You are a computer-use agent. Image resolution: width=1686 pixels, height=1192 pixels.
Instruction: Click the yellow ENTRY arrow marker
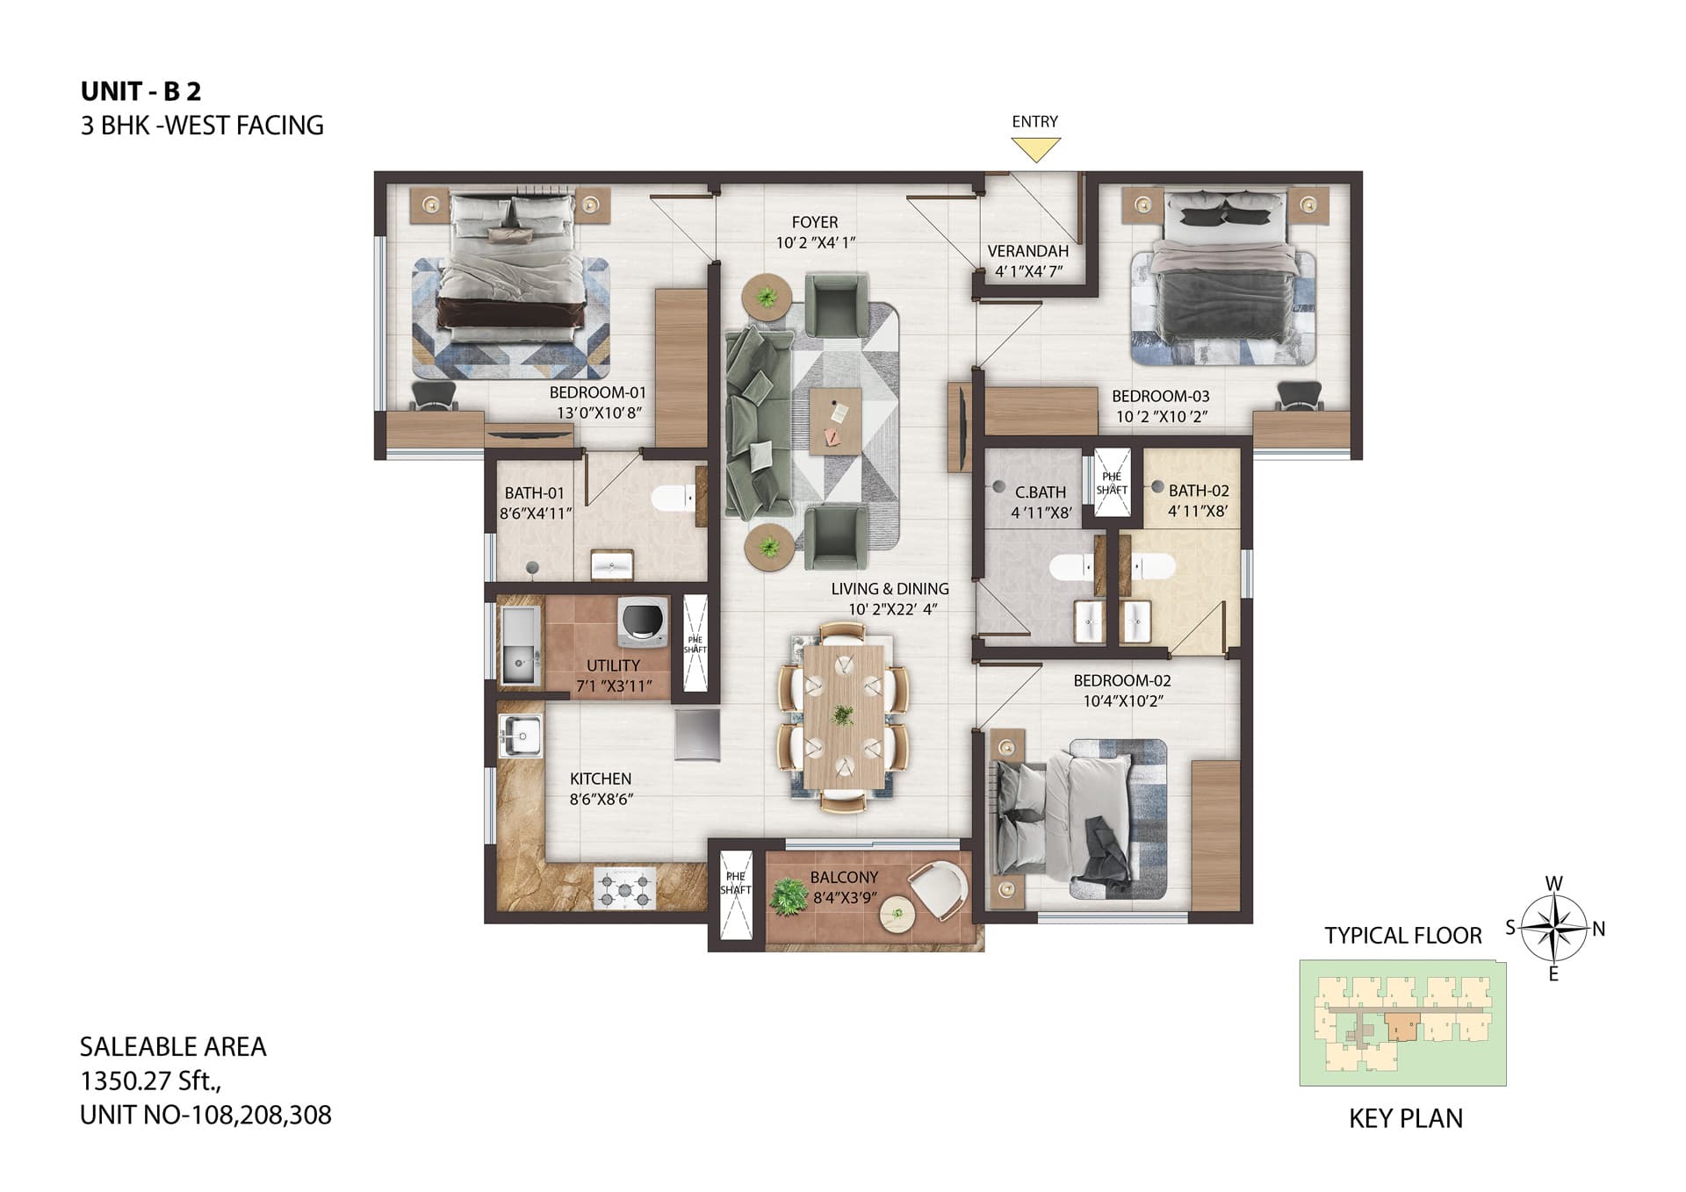(1035, 149)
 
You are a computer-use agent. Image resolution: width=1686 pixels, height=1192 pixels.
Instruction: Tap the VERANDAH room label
(1027, 251)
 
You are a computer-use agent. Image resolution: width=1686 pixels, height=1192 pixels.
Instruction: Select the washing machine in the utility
(644, 621)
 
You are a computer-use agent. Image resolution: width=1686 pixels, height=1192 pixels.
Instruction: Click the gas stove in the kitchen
(625, 887)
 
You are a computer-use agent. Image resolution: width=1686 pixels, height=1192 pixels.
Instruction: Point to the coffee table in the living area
(836, 421)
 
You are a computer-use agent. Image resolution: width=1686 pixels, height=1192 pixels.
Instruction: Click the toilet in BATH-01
(673, 499)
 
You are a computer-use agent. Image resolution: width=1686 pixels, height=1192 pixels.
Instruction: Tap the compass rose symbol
(1553, 928)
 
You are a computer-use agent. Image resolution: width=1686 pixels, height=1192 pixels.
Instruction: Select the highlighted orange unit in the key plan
(1401, 1026)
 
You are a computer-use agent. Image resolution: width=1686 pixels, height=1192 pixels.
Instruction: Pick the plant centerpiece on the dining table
(842, 714)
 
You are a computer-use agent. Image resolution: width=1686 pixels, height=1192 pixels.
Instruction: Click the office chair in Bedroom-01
(434, 396)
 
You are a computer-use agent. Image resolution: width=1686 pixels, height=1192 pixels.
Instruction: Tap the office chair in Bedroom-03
(1300, 396)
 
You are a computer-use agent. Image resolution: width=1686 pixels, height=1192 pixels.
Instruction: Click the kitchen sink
(521, 734)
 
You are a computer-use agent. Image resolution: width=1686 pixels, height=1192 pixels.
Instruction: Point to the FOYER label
(815, 222)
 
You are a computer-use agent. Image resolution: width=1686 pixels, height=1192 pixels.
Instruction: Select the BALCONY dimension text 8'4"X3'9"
(846, 898)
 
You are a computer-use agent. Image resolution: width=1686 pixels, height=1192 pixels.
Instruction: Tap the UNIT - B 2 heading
(141, 91)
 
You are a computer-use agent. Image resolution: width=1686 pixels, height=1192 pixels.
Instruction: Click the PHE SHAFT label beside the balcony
(736, 883)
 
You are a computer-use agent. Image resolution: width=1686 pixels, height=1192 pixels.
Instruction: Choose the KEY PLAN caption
(1406, 1118)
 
